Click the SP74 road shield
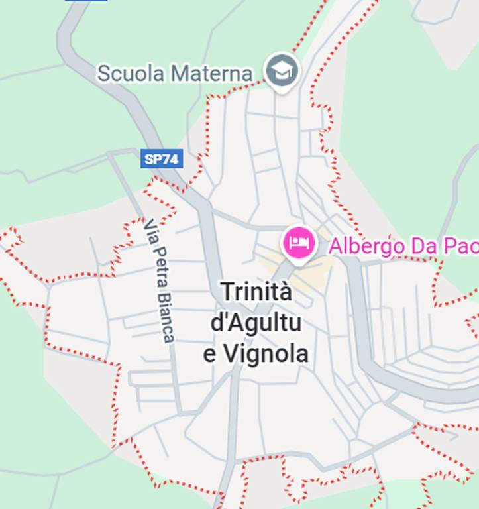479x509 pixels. click(162, 159)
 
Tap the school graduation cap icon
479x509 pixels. click(282, 70)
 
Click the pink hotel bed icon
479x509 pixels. click(298, 243)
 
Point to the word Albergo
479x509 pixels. click(366, 246)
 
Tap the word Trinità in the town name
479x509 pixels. click(256, 292)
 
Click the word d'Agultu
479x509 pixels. click(256, 323)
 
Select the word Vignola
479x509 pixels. click(266, 354)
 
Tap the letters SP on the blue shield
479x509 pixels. click(154, 159)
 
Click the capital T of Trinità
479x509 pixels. click(227, 292)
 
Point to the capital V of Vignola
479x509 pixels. click(230, 354)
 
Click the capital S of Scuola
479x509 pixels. click(103, 73)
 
